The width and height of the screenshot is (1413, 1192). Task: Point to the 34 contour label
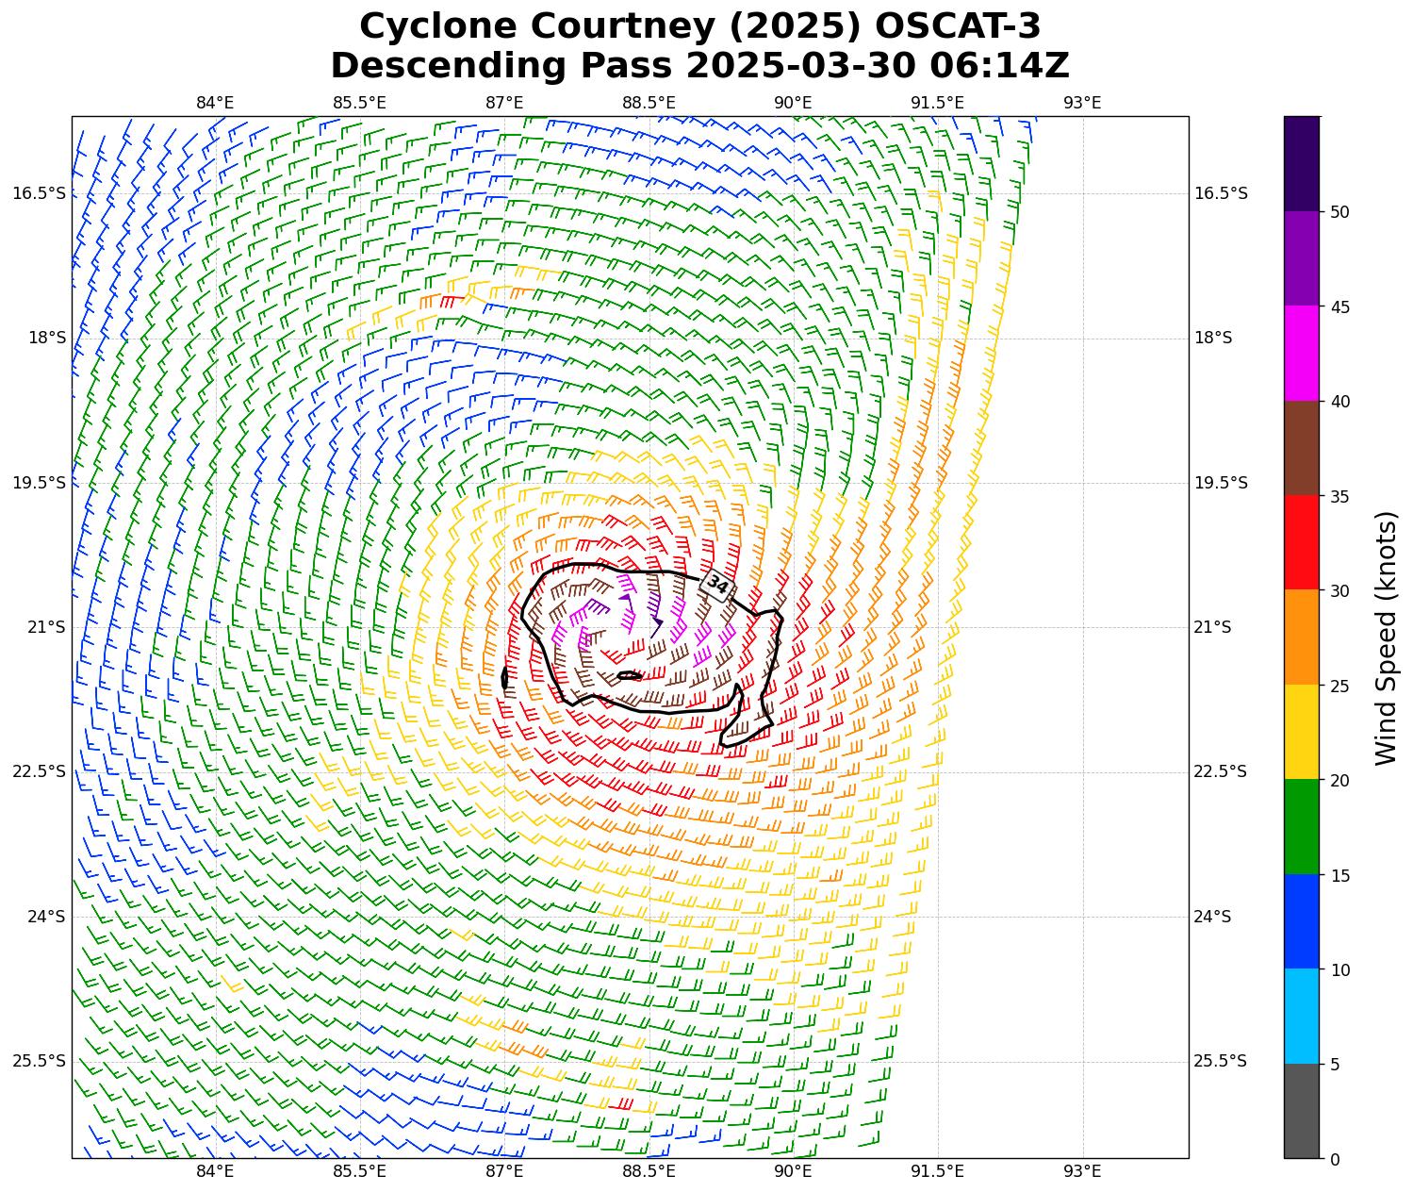[x=717, y=585]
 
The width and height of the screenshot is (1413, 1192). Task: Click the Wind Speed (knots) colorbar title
[x=1386, y=637]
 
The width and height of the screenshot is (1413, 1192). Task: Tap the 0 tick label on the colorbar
[x=1334, y=1160]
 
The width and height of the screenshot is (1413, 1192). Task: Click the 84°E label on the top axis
[x=215, y=103]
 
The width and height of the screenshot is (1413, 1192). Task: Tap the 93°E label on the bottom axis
[x=1082, y=1171]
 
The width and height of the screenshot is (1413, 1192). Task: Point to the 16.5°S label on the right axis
[x=1221, y=193]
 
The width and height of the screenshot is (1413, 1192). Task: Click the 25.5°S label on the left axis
[x=39, y=1061]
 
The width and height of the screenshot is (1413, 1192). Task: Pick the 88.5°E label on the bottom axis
[x=649, y=1171]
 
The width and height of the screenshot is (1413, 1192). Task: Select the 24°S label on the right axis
[x=1213, y=917]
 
